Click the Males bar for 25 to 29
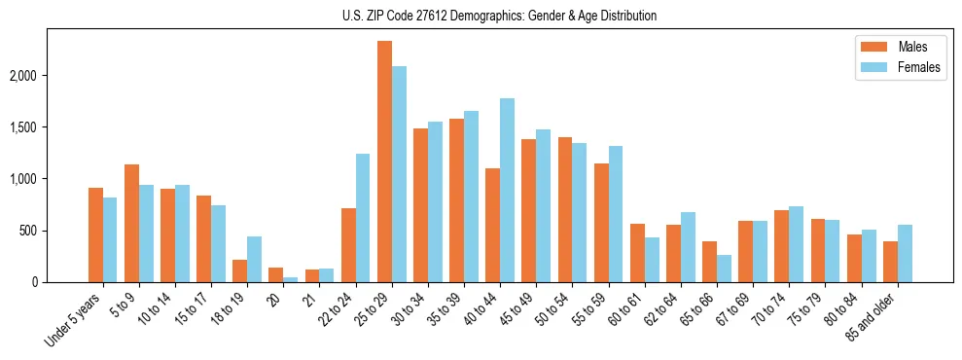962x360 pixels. [x=385, y=162]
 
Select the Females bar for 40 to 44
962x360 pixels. [x=507, y=191]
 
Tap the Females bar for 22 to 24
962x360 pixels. [x=363, y=218]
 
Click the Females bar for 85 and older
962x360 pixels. [x=905, y=254]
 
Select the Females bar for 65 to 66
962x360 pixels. [x=724, y=269]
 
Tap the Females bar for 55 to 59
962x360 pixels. [x=616, y=214]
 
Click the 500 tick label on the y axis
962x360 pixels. [x=55, y=231]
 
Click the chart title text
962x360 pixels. [x=499, y=16]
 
